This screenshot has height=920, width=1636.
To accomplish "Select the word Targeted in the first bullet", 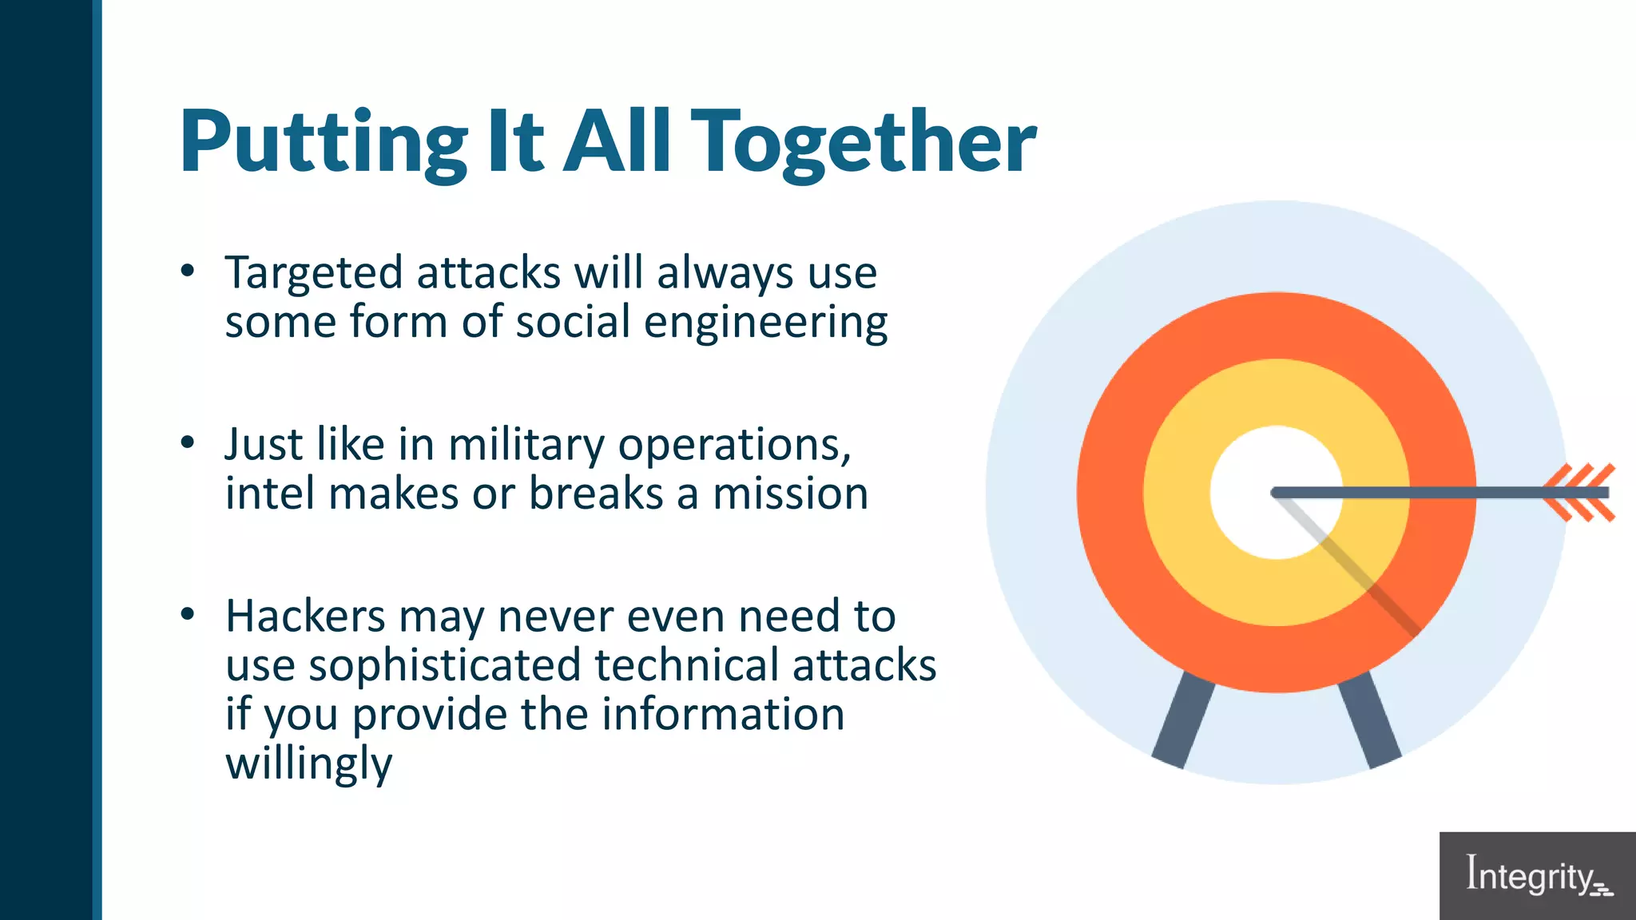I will [313, 273].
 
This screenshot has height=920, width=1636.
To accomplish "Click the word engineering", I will [765, 323].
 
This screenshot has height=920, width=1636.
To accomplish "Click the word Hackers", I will [305, 617].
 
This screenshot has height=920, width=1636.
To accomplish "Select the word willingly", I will [309, 764].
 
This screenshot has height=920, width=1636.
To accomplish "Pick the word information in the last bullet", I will [723, 715].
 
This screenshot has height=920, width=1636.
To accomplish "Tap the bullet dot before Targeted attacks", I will [188, 270].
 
